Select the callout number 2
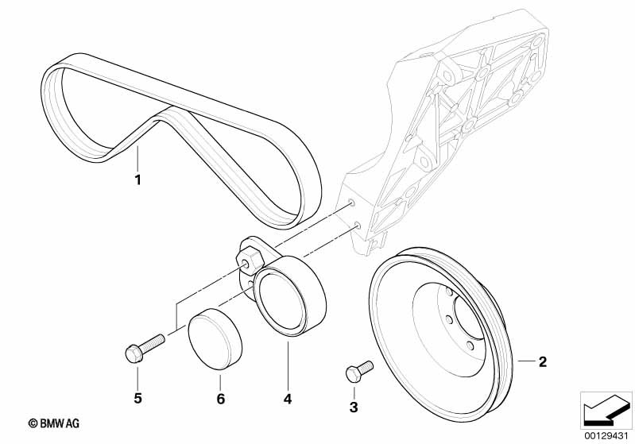click(x=542, y=363)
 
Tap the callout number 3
click(x=354, y=407)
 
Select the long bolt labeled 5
click(x=143, y=347)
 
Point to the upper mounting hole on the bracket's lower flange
click(x=347, y=205)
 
